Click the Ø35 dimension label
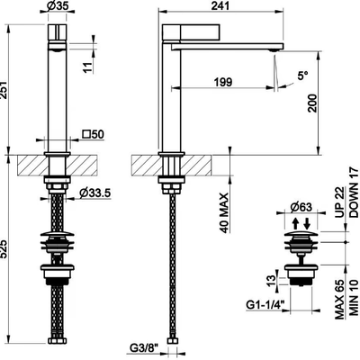(x=57, y=5)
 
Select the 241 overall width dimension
(x=220, y=5)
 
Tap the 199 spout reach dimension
(x=223, y=81)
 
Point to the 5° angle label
(x=302, y=76)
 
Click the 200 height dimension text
(x=312, y=103)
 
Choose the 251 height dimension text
(x=3, y=89)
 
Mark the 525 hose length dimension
(x=3, y=248)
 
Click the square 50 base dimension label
(x=93, y=134)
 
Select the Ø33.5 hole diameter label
(x=95, y=193)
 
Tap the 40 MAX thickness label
(x=224, y=213)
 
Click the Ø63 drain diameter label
(x=301, y=207)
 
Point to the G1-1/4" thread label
(x=265, y=305)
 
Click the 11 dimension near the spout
(x=87, y=67)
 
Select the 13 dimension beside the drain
(x=271, y=281)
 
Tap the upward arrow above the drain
(x=295, y=223)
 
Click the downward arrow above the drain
(x=307, y=223)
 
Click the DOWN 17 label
(x=354, y=193)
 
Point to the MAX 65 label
(x=339, y=301)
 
